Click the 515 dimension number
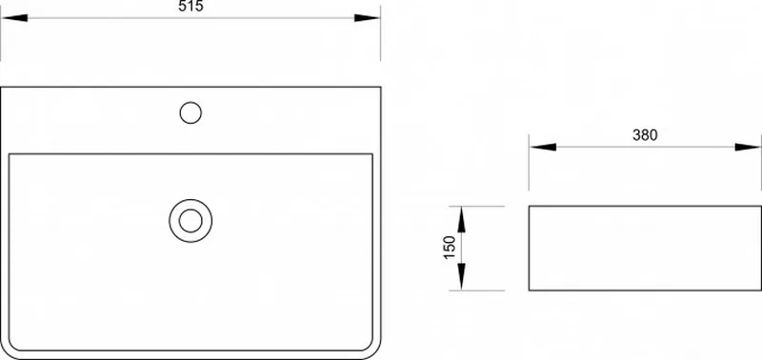pos(190,6)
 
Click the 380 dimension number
pos(645,135)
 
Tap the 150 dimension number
pos(450,248)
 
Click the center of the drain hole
pos(190,221)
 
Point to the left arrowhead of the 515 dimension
pos(14,18)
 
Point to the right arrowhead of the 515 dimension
pos(367,18)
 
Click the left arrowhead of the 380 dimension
pos(543,147)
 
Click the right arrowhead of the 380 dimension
pos(748,147)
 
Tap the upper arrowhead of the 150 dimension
pos(462,219)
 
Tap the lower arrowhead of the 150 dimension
pos(462,277)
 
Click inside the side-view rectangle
pos(645,249)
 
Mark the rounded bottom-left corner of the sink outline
pos(6,353)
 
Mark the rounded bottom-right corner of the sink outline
pos(375,353)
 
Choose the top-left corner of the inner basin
pos(10,154)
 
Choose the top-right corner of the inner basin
pos(372,154)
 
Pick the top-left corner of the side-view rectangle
pos(530,206)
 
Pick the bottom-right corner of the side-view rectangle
pos(761,290)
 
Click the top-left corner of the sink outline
pos(1,87)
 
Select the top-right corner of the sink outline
pos(380,87)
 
